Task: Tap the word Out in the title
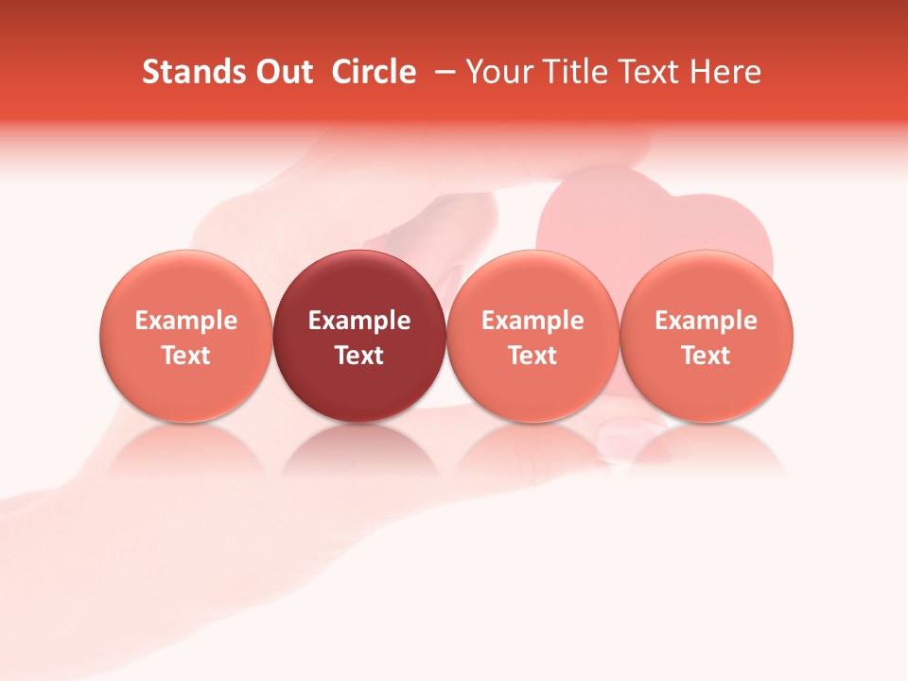coord(281,72)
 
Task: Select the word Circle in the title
coord(374,72)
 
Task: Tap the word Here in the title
coord(725,72)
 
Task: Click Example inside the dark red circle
coord(359,321)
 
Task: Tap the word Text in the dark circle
coord(359,356)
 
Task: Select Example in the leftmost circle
coord(185,321)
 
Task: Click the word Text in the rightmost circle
coord(707,356)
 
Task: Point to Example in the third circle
coord(533,321)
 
